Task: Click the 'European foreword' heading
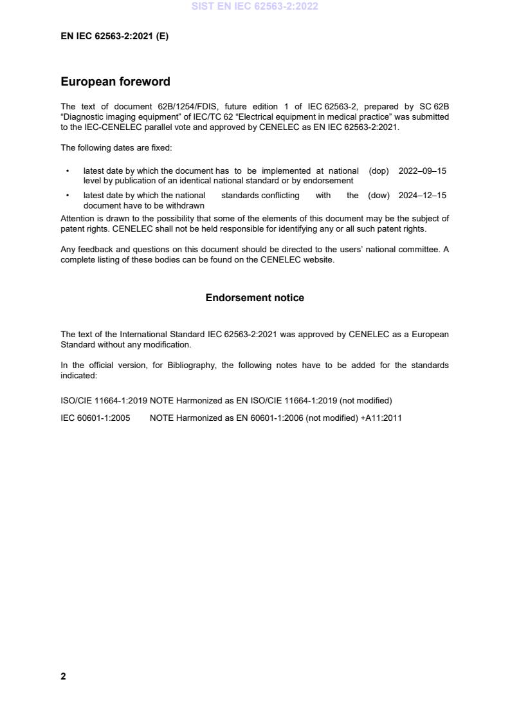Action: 115,82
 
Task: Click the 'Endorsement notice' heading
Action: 255,298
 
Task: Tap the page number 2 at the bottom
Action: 63,676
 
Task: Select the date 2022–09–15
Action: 422,171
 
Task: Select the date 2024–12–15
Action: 422,196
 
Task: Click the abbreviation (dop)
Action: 379,171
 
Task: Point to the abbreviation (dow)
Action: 379,196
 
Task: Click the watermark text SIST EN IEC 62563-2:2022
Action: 255,6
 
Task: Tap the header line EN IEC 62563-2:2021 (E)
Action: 114,37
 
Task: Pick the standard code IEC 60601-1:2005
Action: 95,418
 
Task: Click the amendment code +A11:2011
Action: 381,418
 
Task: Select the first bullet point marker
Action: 68,171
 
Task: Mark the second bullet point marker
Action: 68,196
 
